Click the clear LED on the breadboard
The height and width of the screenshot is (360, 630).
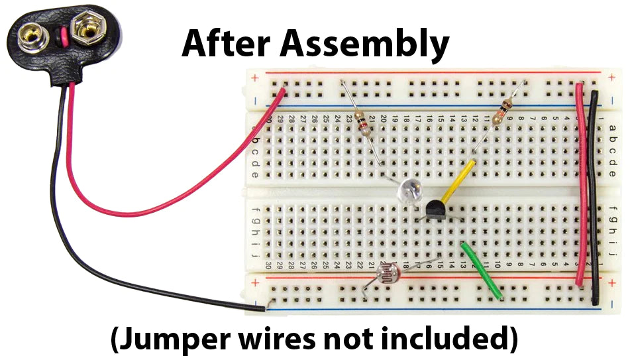(x=409, y=192)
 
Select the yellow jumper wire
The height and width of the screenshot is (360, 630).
(x=457, y=183)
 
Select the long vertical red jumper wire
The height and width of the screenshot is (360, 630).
(x=581, y=186)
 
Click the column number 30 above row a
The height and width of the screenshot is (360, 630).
(x=270, y=119)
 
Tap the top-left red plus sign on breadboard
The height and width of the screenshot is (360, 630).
(x=256, y=78)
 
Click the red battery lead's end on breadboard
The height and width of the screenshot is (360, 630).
(x=283, y=92)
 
